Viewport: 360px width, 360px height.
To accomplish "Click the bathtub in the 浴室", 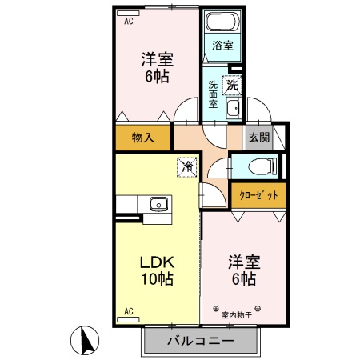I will click(219, 22).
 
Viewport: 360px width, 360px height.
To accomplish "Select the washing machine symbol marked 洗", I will click(232, 82).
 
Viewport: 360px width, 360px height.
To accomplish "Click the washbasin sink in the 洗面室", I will click(234, 108).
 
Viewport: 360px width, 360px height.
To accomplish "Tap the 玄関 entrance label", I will click(258, 137).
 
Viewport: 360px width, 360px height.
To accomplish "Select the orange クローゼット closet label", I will click(258, 193).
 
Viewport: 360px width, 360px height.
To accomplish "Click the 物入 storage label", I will click(142, 138).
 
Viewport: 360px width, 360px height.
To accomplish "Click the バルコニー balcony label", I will click(200, 342).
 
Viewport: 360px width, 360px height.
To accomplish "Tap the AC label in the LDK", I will click(127, 310).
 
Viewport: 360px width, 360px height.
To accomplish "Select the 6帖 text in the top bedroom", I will click(158, 78).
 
